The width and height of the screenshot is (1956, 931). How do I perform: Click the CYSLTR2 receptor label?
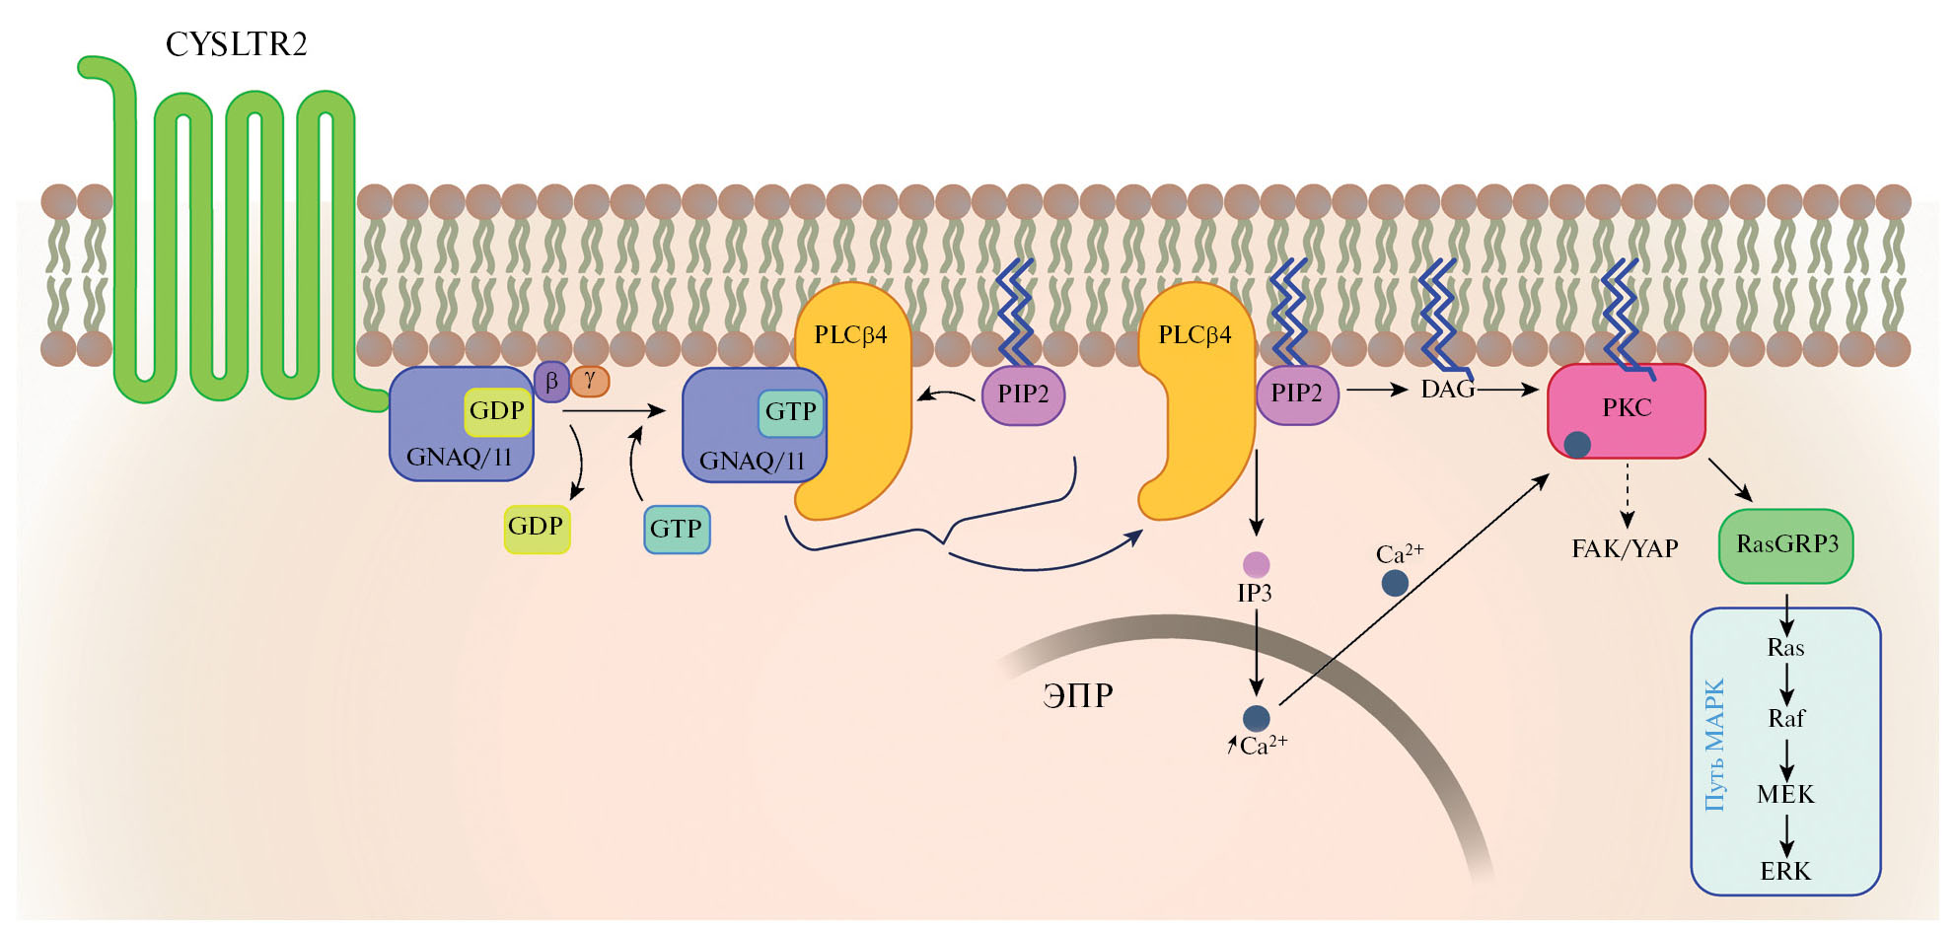[237, 44]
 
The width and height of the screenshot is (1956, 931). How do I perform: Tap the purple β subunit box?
[551, 382]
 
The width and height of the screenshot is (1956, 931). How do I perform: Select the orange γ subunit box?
[590, 380]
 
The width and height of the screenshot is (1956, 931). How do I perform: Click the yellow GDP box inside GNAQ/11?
[497, 411]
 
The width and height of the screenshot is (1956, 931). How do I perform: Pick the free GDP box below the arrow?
[537, 528]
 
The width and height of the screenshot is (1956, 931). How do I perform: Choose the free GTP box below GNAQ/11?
[677, 530]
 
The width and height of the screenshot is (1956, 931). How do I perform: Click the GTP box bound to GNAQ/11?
[790, 412]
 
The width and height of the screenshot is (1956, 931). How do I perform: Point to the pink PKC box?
[1626, 409]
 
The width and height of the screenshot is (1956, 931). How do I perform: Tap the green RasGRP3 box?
[1786, 545]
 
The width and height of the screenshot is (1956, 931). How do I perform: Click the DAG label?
[1447, 391]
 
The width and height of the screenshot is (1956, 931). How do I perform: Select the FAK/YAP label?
[1625, 549]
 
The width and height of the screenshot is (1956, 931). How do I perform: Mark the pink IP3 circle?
[1256, 564]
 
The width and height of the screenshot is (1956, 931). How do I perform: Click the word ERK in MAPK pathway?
[1785, 872]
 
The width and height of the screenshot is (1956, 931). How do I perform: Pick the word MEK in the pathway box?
[1785, 795]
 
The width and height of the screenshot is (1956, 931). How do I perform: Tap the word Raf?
[1786, 719]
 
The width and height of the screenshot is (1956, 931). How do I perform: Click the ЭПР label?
[1077, 696]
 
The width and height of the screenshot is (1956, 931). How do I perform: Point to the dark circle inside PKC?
[1577, 445]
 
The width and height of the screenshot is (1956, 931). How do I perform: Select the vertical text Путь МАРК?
[1715, 745]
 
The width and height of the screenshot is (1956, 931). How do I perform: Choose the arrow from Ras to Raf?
[1786, 683]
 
